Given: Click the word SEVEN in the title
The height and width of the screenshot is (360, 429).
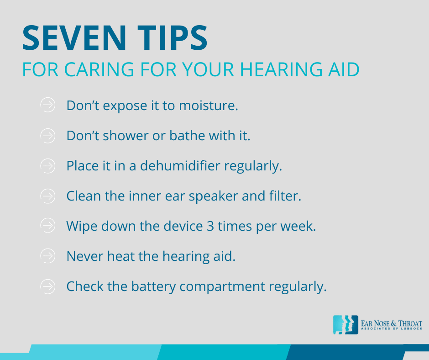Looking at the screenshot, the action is click(74, 38).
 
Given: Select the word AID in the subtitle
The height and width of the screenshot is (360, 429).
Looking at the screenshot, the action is click(344, 69).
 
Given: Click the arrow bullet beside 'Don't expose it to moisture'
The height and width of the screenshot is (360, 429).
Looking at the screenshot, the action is click(47, 105).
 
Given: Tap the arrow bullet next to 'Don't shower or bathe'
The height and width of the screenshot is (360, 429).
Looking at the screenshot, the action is click(47, 136).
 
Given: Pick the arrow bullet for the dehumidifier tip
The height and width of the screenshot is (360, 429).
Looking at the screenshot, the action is click(47, 166).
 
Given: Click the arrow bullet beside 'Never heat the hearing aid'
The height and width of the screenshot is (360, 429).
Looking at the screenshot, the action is click(47, 256).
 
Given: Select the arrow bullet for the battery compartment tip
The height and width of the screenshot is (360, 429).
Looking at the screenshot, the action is click(47, 286).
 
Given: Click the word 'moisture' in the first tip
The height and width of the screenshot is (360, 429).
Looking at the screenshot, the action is click(209, 106).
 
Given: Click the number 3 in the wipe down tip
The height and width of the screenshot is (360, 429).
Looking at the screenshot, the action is click(210, 226).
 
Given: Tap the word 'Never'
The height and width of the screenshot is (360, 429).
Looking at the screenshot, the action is click(85, 256).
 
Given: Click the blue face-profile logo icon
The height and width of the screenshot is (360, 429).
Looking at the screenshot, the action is click(345, 325).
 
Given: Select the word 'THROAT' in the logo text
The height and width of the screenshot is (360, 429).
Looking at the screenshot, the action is click(410, 323).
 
